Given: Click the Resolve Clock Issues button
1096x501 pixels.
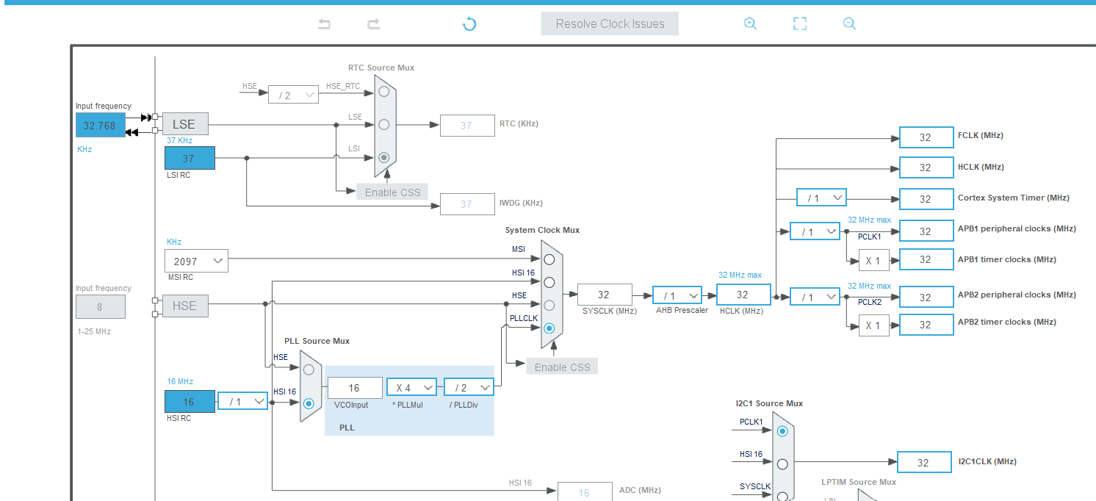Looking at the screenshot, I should pyautogui.click(x=610, y=24).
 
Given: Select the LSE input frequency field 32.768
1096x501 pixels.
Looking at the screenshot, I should pyautogui.click(x=100, y=126).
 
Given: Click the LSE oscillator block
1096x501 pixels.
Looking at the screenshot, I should pyautogui.click(x=184, y=124).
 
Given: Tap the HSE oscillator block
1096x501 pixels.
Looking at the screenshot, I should pyautogui.click(x=184, y=306).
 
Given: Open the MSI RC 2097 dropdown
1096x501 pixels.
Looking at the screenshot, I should pyautogui.click(x=196, y=261).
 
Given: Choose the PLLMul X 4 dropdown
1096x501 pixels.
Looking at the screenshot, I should pyautogui.click(x=411, y=388).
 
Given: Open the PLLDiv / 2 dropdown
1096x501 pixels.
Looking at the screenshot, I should pyautogui.click(x=469, y=388).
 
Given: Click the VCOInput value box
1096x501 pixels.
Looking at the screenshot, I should pyautogui.click(x=355, y=388).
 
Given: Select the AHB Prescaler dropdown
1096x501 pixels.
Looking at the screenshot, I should pyautogui.click(x=677, y=295).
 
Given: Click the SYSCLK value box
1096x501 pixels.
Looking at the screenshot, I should pyautogui.click(x=604, y=295).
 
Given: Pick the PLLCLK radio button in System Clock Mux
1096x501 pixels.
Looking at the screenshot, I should pyautogui.click(x=549, y=328).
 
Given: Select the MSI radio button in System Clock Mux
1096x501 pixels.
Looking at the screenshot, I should pyautogui.click(x=549, y=259).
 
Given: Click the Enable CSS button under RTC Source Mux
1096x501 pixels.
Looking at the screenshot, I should pyautogui.click(x=392, y=192).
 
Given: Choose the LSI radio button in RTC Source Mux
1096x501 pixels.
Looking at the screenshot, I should pyautogui.click(x=383, y=157).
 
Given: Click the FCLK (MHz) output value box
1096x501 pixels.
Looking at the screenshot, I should pyautogui.click(x=926, y=137).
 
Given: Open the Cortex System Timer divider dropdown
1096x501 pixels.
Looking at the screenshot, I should pyautogui.click(x=821, y=198).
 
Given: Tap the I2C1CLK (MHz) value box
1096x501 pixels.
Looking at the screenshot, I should pyautogui.click(x=923, y=462).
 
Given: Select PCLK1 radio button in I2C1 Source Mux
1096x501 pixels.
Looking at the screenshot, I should pyautogui.click(x=782, y=431).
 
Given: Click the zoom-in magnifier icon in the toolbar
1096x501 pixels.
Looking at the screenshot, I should pyautogui.click(x=750, y=24).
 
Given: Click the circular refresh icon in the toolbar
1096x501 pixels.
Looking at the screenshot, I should pyautogui.click(x=469, y=24).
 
